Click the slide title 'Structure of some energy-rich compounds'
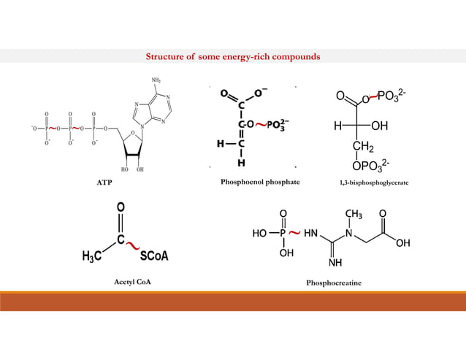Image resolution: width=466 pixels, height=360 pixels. point(232,56)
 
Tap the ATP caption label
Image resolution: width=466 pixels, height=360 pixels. point(104,180)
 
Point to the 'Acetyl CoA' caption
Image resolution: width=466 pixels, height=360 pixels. point(123,280)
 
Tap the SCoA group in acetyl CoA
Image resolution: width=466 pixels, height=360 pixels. point(154,256)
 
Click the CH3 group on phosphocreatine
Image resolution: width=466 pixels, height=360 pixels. point(354,214)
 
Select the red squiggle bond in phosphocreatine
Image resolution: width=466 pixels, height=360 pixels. point(294,233)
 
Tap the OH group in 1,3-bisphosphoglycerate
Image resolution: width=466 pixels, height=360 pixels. point(379,126)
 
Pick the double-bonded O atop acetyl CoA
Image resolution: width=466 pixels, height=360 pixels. point(120,209)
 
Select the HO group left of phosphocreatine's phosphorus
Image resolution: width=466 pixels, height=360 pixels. point(259,234)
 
